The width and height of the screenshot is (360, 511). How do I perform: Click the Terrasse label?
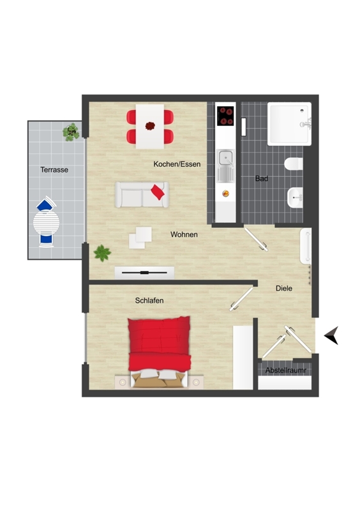54,170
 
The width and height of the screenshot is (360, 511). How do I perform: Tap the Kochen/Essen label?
177,164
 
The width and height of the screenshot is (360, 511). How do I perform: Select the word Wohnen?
184,234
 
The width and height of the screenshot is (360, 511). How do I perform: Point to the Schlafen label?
149,300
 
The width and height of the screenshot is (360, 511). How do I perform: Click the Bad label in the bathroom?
262,179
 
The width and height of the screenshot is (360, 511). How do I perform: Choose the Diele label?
284,289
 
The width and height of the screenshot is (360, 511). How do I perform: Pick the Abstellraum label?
286,370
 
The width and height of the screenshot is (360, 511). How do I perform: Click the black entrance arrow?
331,335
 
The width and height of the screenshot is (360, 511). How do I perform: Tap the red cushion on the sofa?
158,192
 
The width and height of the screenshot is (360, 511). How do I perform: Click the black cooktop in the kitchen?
225,116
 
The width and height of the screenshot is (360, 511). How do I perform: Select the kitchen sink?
225,165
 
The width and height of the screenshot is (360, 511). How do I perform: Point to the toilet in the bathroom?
294,164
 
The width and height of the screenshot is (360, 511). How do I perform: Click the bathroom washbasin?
295,197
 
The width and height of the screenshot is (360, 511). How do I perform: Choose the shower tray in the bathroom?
289,124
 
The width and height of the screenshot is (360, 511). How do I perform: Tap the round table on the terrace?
46,223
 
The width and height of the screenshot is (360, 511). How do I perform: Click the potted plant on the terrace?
71,132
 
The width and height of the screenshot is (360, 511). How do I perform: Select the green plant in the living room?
102,253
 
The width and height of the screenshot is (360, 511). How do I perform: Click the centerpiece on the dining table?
150,126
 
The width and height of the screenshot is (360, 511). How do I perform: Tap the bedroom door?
241,299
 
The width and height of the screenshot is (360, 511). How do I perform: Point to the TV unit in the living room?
144,273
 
